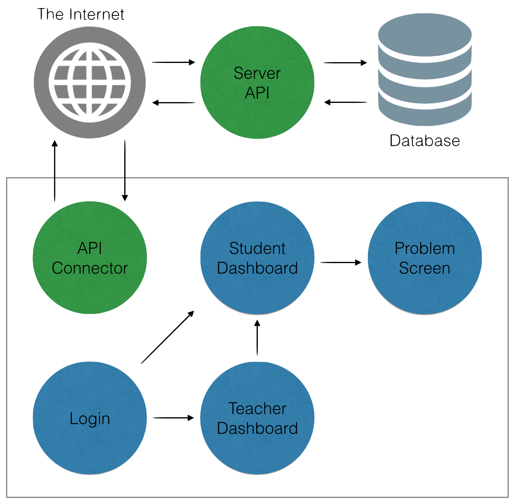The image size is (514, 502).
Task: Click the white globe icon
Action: (x=90, y=82)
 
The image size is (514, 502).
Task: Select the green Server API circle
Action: (x=257, y=83)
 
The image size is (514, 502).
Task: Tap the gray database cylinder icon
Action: (x=425, y=69)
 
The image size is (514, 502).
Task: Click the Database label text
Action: (x=425, y=140)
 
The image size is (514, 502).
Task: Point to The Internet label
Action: (x=81, y=15)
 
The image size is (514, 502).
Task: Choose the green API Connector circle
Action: (x=90, y=258)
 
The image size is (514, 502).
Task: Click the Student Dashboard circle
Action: (x=257, y=258)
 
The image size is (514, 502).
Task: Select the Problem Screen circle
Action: (x=425, y=258)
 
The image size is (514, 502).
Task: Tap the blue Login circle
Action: (x=90, y=418)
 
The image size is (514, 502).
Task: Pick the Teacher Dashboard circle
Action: (x=257, y=418)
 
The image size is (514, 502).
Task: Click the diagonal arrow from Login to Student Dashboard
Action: (x=167, y=337)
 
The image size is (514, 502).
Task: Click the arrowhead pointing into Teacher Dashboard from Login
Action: (x=191, y=418)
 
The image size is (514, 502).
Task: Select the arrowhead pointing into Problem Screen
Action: (x=358, y=263)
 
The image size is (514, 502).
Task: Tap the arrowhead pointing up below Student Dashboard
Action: (x=257, y=323)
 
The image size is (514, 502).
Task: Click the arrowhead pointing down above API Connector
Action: (x=125, y=198)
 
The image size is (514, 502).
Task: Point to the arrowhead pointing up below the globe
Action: (x=54, y=143)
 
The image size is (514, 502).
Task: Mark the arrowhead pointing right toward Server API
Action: (x=192, y=62)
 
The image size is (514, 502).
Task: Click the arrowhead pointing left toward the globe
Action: (x=155, y=103)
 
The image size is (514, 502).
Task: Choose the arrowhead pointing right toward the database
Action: (x=364, y=63)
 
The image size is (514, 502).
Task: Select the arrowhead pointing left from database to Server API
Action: (x=327, y=102)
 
